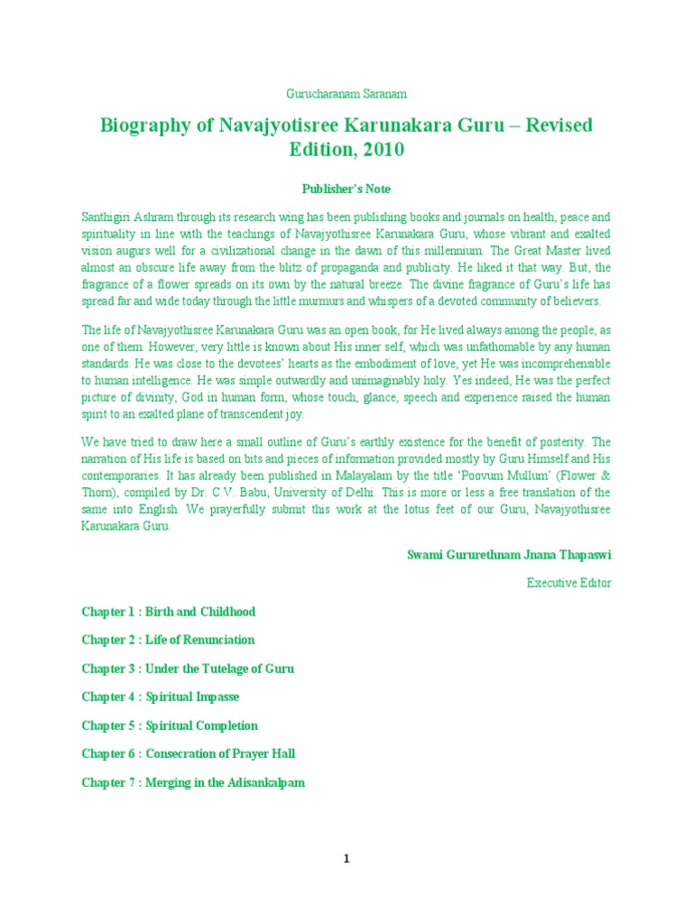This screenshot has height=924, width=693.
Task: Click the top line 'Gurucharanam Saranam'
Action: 346,93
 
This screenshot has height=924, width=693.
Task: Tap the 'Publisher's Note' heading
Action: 346,189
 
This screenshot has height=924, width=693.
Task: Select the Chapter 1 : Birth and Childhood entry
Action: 169,612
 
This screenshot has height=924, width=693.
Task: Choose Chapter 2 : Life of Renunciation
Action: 169,640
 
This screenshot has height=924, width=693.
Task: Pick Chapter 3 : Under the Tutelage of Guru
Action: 188,669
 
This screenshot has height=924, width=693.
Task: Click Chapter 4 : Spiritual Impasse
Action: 161,697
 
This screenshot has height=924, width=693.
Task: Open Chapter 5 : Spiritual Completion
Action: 170,725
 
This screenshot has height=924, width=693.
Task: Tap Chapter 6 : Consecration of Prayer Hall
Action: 189,753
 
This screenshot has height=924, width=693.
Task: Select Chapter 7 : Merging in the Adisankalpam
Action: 193,782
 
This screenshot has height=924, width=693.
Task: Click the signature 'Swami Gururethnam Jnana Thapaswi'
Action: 509,555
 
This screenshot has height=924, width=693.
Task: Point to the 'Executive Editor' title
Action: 568,583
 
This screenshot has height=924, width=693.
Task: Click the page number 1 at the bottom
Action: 346,859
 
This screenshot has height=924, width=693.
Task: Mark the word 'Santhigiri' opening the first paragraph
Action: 110,217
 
